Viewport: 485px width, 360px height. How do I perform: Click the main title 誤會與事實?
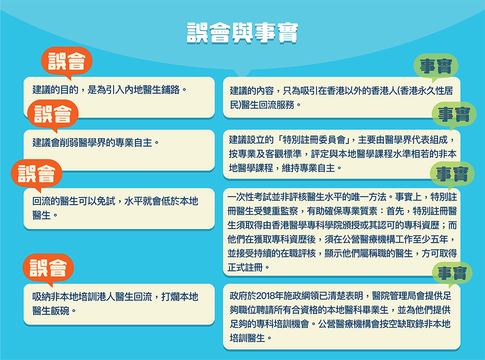(242, 32)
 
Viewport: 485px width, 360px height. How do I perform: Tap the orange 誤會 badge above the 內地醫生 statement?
(67, 62)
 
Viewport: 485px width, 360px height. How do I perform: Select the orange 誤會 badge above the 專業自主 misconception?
(53, 114)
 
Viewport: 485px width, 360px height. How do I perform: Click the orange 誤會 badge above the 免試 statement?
(36, 174)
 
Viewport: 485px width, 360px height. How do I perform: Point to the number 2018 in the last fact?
(265, 296)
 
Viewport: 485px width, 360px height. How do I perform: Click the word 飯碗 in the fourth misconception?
(60, 311)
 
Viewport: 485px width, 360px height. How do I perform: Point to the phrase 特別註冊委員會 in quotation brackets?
(314, 140)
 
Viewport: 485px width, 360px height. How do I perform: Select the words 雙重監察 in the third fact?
(280, 211)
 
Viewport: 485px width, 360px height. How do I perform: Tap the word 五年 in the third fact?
(439, 239)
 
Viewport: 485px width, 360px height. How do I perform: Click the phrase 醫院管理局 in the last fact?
(394, 296)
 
